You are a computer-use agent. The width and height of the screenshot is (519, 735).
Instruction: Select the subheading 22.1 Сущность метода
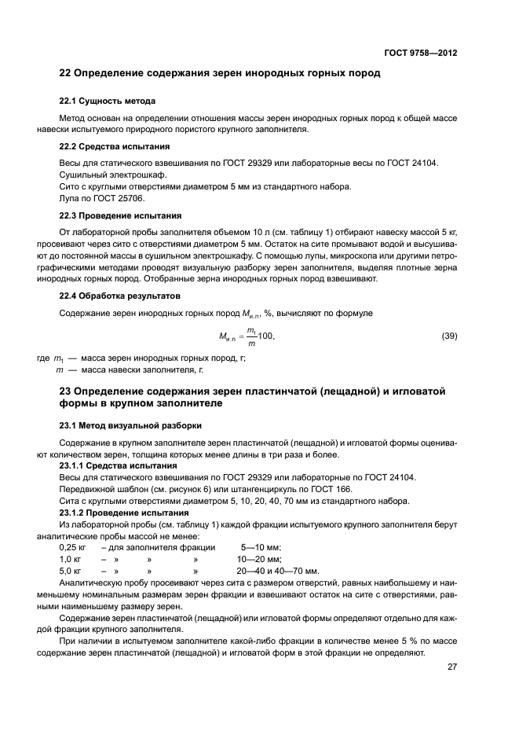pos(108,101)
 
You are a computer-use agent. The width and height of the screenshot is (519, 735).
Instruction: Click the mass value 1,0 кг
pos(71,558)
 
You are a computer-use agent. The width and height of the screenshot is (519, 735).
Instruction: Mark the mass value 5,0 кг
pos(71,570)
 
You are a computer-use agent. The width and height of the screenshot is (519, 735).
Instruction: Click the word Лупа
pos(71,199)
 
